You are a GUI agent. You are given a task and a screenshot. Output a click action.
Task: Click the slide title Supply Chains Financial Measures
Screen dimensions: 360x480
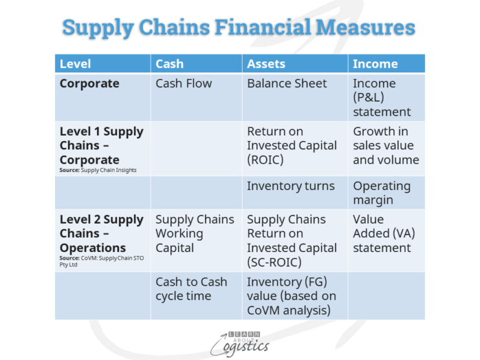239,28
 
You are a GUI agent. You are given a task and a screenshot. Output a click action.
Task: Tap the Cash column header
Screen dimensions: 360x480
169,64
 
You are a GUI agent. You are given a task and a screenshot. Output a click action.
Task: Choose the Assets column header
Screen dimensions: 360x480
266,64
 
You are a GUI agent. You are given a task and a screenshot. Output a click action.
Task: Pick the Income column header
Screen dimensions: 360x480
375,64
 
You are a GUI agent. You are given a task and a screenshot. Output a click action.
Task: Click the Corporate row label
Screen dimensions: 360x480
89,83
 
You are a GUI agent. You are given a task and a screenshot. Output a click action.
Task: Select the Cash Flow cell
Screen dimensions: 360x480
184,83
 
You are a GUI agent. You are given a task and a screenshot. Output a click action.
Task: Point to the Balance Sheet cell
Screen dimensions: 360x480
287,83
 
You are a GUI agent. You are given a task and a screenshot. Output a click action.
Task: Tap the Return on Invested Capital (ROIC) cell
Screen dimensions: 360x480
292,145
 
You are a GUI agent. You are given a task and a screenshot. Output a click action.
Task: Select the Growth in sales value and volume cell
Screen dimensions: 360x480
386,145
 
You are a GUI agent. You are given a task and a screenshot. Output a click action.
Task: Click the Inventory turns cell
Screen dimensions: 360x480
290,186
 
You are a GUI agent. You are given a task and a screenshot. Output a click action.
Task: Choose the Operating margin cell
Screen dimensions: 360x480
382,193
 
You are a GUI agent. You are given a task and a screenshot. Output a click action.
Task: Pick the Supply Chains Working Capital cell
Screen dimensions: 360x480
195,233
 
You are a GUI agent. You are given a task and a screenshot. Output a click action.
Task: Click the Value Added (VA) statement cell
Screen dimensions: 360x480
382,233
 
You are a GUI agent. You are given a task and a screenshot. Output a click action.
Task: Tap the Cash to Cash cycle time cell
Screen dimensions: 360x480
191,289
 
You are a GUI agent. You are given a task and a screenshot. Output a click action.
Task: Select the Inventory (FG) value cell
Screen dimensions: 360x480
292,296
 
